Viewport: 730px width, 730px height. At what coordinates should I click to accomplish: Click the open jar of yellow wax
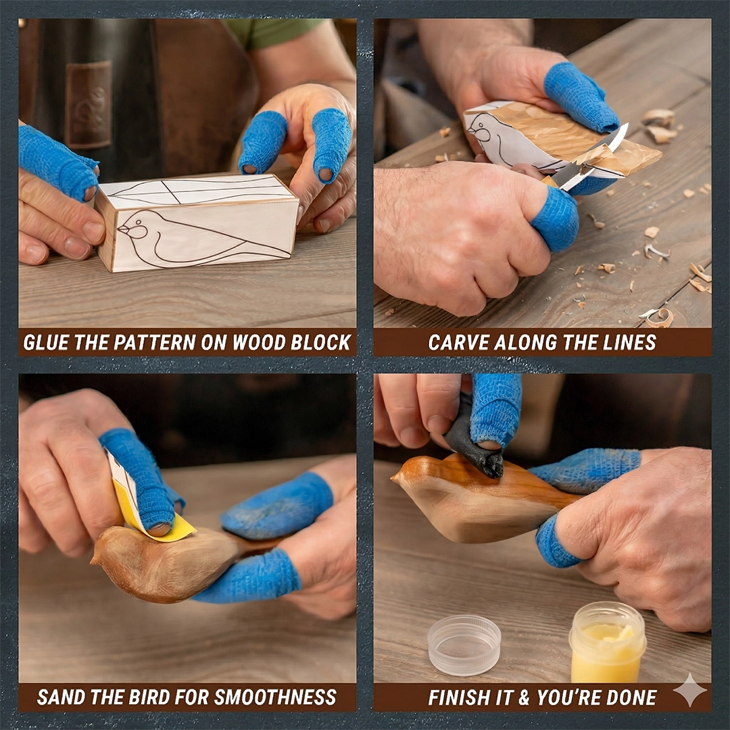coord(607,642)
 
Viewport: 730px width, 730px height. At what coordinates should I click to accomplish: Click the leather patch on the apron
coord(89,104)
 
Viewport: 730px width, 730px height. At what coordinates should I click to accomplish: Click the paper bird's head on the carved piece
coord(482,128)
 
